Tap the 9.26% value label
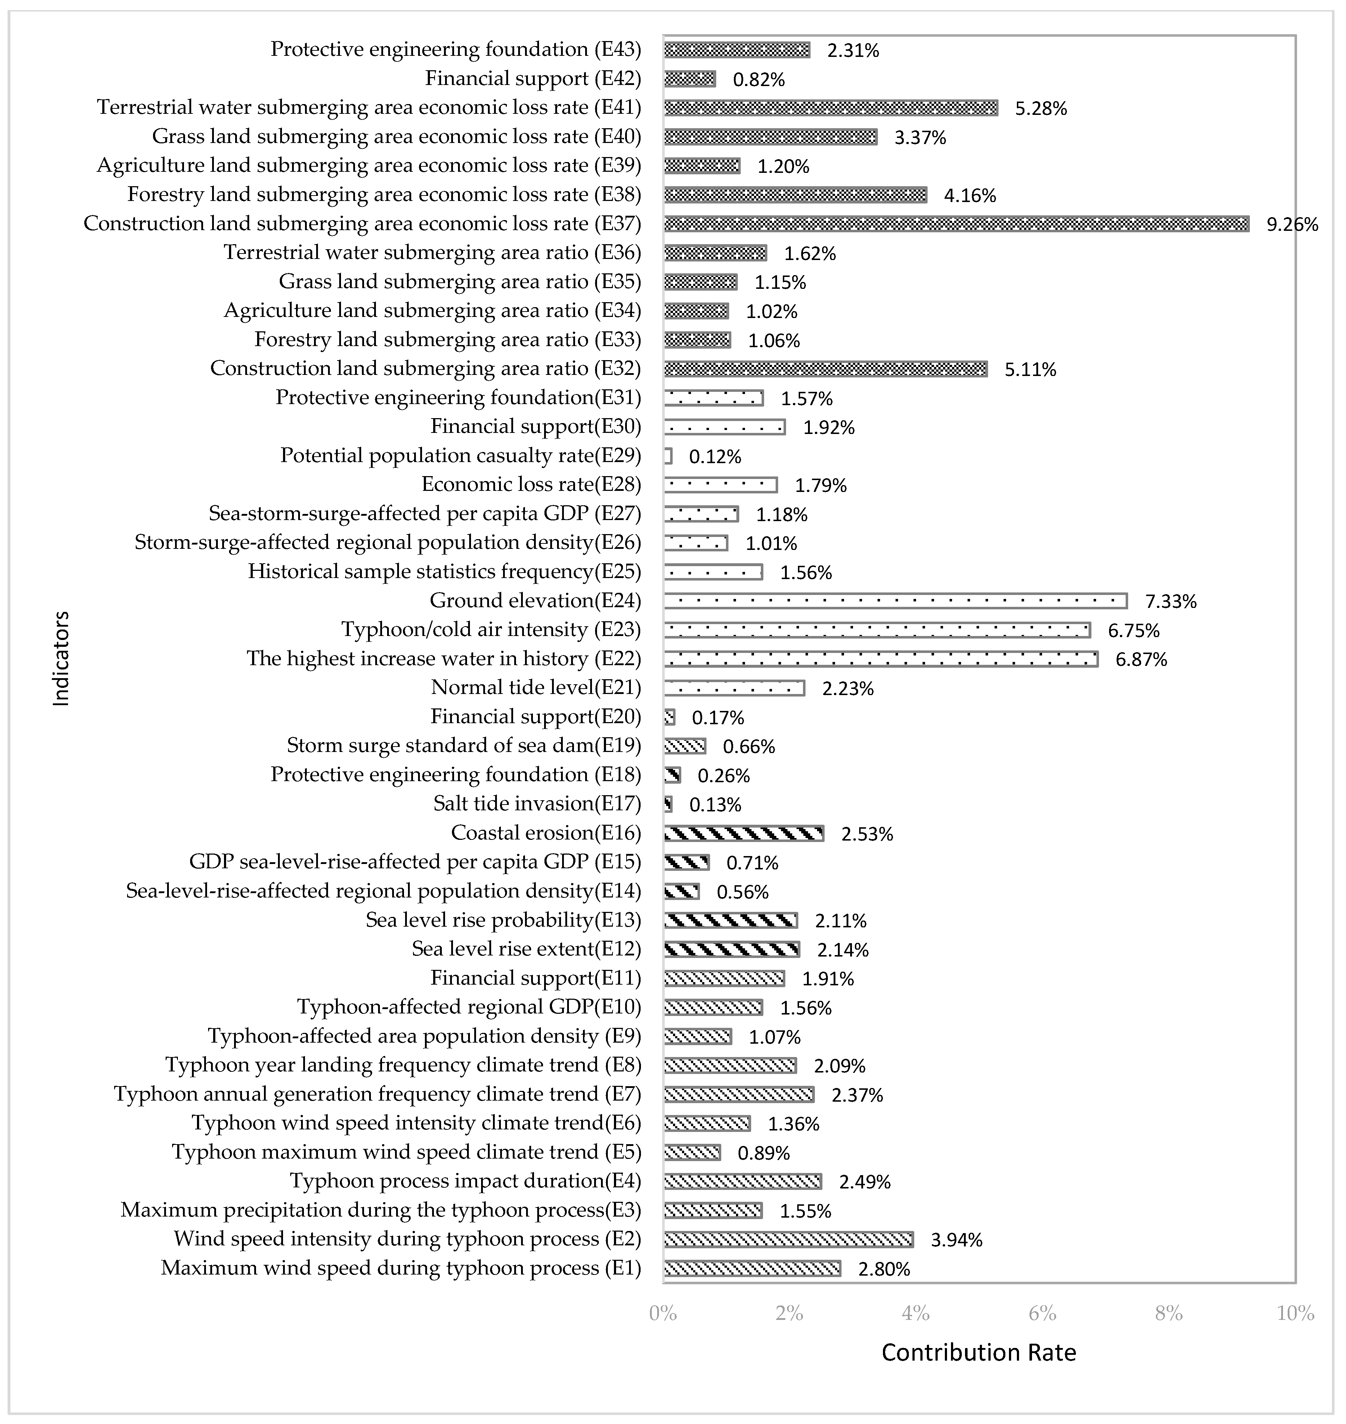click(x=1292, y=225)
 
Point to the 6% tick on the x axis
click(x=1042, y=1313)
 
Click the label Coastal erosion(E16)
click(x=545, y=833)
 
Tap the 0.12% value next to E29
click(x=715, y=457)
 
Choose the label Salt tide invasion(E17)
click(x=537, y=804)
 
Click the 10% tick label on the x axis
click(x=1295, y=1313)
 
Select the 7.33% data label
click(x=1170, y=601)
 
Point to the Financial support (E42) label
click(x=532, y=78)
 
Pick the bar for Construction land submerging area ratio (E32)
click(x=825, y=369)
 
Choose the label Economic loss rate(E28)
click(x=531, y=484)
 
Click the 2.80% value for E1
click(x=884, y=1269)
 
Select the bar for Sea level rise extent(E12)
click(x=731, y=950)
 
